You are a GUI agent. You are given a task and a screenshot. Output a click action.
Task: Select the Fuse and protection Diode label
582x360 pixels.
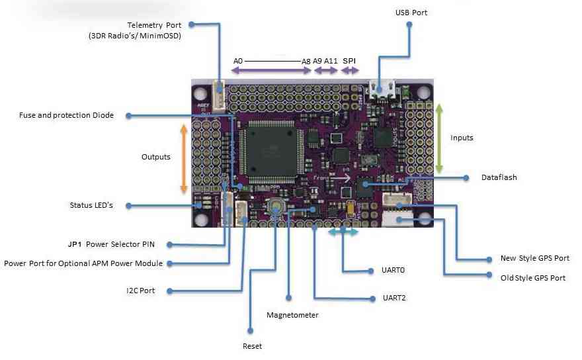(x=66, y=115)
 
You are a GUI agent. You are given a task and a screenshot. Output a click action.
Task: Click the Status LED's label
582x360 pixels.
(x=91, y=205)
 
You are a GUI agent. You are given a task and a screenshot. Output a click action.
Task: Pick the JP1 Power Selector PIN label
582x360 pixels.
(x=118, y=244)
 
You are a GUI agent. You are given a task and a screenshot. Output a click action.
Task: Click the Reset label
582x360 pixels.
(x=252, y=346)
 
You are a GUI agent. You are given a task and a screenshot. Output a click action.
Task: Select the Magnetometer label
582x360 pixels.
(x=292, y=315)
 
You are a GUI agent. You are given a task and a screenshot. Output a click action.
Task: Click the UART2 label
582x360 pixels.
(x=394, y=298)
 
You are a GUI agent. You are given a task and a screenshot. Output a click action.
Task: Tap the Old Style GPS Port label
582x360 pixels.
(x=533, y=277)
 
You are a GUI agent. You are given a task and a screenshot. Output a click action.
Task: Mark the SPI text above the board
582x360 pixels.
(x=349, y=61)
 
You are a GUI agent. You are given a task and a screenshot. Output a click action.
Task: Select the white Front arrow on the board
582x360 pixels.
(x=341, y=177)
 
